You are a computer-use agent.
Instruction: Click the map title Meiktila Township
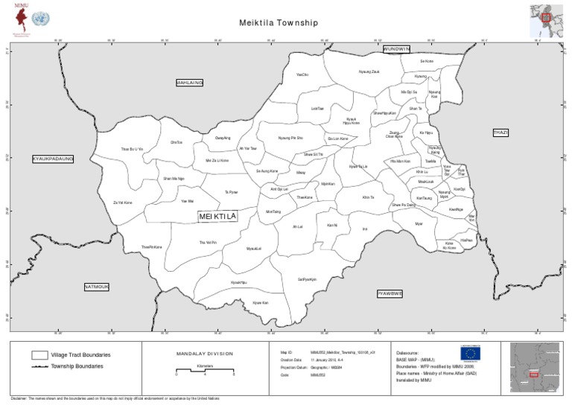pos(279,23)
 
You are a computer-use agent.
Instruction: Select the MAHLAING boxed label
pos(189,83)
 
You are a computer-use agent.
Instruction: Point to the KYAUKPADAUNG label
pos(53,159)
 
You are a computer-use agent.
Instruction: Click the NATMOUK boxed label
pos(97,286)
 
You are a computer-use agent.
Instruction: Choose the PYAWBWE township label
pos(390,293)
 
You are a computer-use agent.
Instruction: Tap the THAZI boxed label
pos(500,133)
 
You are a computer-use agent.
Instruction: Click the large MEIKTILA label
pos(217,216)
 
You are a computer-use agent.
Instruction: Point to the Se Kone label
pos(427,61)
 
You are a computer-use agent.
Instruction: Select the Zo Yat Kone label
pos(122,202)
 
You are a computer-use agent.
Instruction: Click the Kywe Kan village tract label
pos(260,302)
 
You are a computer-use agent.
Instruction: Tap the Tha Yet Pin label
pos(208,243)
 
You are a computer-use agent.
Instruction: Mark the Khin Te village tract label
pos(368,197)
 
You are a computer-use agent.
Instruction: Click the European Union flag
pos(471,357)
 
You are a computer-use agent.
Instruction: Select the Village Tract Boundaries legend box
pos(39,355)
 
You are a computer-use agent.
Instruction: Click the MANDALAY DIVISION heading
pos(205,354)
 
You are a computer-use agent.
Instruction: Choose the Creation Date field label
pos(291,359)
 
